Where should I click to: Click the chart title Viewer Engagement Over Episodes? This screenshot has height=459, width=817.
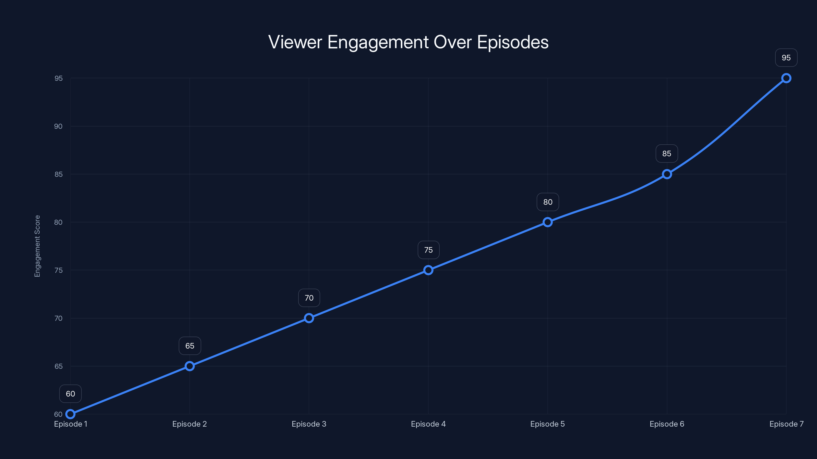(408, 42)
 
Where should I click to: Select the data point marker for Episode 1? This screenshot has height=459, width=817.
(70, 414)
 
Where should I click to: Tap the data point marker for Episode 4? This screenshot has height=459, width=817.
(428, 270)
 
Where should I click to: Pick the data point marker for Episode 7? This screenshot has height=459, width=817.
(786, 78)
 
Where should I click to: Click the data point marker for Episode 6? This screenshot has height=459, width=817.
(667, 174)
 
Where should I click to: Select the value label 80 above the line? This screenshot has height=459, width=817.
(548, 202)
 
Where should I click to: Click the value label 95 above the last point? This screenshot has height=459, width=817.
(786, 58)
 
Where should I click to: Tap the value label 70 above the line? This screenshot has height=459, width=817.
(309, 298)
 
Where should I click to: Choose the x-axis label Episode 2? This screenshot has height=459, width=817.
(189, 424)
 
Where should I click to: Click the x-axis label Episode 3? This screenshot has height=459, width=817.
(309, 424)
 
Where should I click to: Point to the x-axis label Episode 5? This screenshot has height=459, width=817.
(547, 424)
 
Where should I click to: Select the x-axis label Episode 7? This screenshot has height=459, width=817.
(786, 424)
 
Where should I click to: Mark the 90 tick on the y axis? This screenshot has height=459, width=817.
(58, 126)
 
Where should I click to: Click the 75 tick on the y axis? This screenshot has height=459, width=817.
(58, 271)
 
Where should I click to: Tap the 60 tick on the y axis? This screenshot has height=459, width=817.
(58, 414)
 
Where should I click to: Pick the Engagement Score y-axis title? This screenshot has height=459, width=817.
(38, 246)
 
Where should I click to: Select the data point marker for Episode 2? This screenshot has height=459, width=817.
(190, 366)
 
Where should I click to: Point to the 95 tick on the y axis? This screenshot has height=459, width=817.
(58, 79)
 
